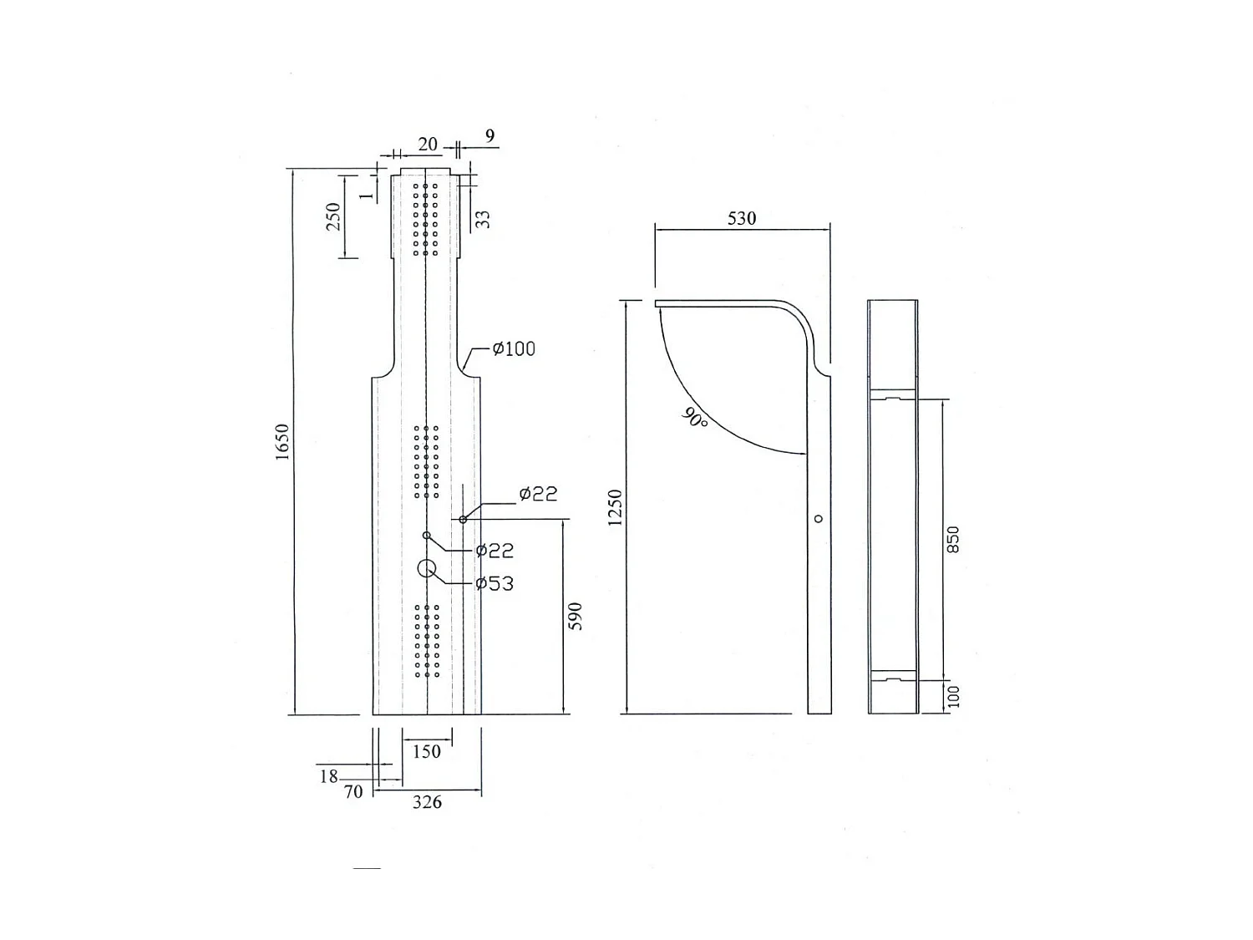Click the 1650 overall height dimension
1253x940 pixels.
tap(282, 442)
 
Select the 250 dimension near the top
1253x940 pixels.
tap(334, 216)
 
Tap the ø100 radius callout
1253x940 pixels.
tap(514, 348)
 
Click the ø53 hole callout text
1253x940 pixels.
tap(495, 583)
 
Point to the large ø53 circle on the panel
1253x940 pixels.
tap(427, 569)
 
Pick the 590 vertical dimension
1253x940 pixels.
tap(575, 616)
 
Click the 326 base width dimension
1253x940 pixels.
tap(427, 802)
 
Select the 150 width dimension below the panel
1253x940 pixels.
tap(427, 751)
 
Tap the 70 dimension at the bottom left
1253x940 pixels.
tap(354, 791)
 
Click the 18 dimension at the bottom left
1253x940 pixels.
tap(328, 776)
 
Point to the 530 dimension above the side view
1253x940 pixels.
tap(742, 218)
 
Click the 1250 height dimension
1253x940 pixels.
tap(616, 507)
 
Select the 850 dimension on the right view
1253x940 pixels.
tap(953, 540)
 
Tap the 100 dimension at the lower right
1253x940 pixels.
tap(954, 695)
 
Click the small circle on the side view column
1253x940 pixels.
tap(819, 519)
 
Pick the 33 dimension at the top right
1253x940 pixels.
tap(483, 219)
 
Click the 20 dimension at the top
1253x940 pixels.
tap(428, 145)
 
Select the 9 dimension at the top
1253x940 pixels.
tap(490, 135)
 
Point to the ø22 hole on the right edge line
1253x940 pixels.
tap(463, 520)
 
